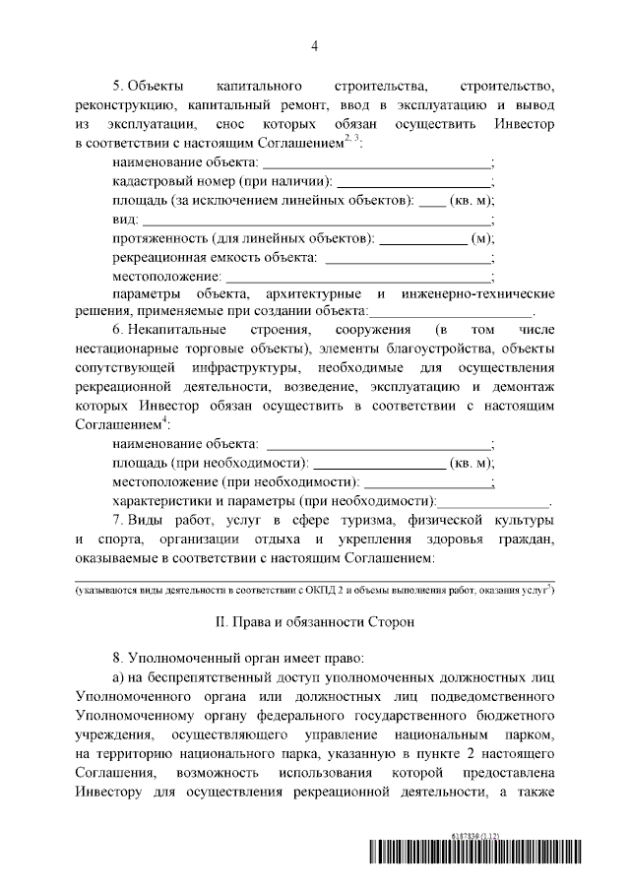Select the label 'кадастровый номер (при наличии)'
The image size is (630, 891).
(222, 181)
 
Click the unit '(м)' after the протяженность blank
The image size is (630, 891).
(482, 238)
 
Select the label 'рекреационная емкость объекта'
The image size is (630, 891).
(214, 257)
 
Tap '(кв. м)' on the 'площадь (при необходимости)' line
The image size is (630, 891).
(471, 463)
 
